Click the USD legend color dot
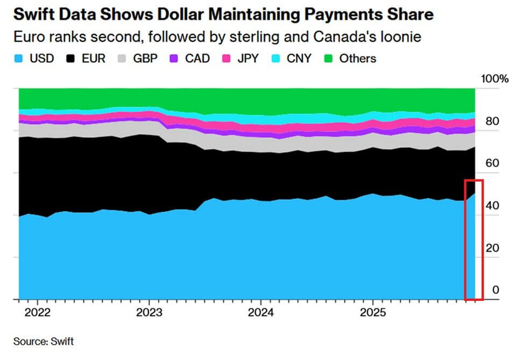[18, 59]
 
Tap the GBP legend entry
[146, 59]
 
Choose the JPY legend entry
[248, 59]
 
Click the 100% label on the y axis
[494, 79]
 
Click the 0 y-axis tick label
[496, 290]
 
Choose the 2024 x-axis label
[260, 313]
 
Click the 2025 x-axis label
[372, 313]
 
